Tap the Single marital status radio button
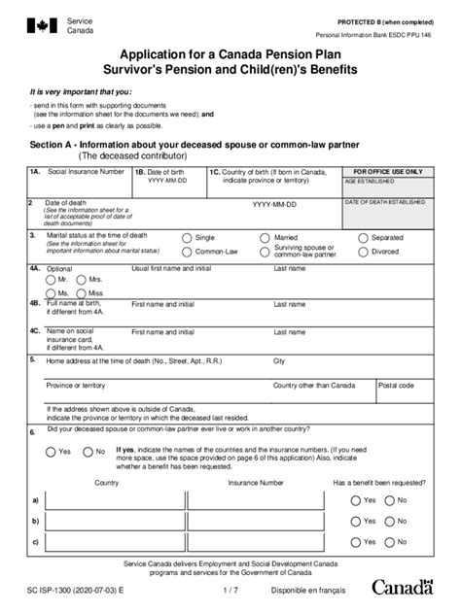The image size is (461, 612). [x=187, y=237]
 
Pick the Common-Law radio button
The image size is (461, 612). [x=187, y=252]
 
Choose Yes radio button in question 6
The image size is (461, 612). [x=50, y=452]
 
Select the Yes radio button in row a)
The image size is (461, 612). [x=354, y=500]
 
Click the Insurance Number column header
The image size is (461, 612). [x=256, y=482]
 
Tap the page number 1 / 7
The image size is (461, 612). [x=230, y=589]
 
